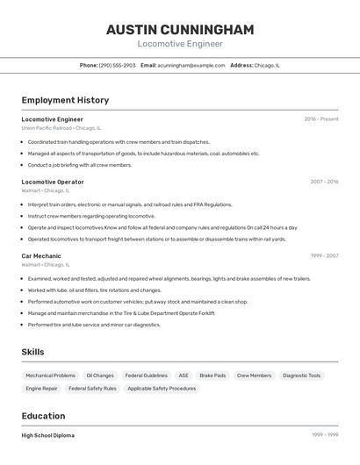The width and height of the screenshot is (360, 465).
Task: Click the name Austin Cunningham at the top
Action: pyautogui.click(x=180, y=30)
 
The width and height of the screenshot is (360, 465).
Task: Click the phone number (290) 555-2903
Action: pyautogui.click(x=117, y=65)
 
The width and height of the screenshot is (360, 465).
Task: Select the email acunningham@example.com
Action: pyautogui.click(x=191, y=65)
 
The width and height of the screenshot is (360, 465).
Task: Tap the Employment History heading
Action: pyautogui.click(x=65, y=100)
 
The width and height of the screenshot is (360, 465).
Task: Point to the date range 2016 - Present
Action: pyautogui.click(x=320, y=119)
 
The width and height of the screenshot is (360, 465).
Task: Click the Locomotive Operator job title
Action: pyautogui.click(x=53, y=182)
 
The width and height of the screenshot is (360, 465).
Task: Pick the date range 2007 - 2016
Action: pyautogui.click(x=324, y=182)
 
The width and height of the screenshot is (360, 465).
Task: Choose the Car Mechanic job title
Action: pyautogui.click(x=41, y=256)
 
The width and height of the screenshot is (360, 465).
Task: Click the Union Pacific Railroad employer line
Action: pyautogui.click(x=61, y=128)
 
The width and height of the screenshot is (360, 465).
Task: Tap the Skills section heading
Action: pyautogui.click(x=32, y=352)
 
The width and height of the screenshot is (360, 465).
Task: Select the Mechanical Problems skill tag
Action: pyautogui.click(x=50, y=376)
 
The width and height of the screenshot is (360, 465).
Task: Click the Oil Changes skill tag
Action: pyautogui.click(x=100, y=376)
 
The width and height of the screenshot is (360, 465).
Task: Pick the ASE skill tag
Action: pyautogui.click(x=184, y=376)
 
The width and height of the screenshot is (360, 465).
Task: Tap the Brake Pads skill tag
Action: pyautogui.click(x=212, y=376)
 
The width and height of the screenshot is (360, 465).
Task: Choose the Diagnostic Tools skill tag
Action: pyautogui.click(x=301, y=376)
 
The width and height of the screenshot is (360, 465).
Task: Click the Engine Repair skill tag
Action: pyautogui.click(x=41, y=388)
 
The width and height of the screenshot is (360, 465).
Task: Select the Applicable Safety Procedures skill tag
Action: pyautogui.click(x=162, y=388)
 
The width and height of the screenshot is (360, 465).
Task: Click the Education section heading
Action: pyautogui.click(x=43, y=416)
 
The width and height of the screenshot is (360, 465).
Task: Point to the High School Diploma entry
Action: pyautogui.click(x=47, y=435)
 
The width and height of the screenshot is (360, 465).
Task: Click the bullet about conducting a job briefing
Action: pyautogui.click(x=79, y=165)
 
